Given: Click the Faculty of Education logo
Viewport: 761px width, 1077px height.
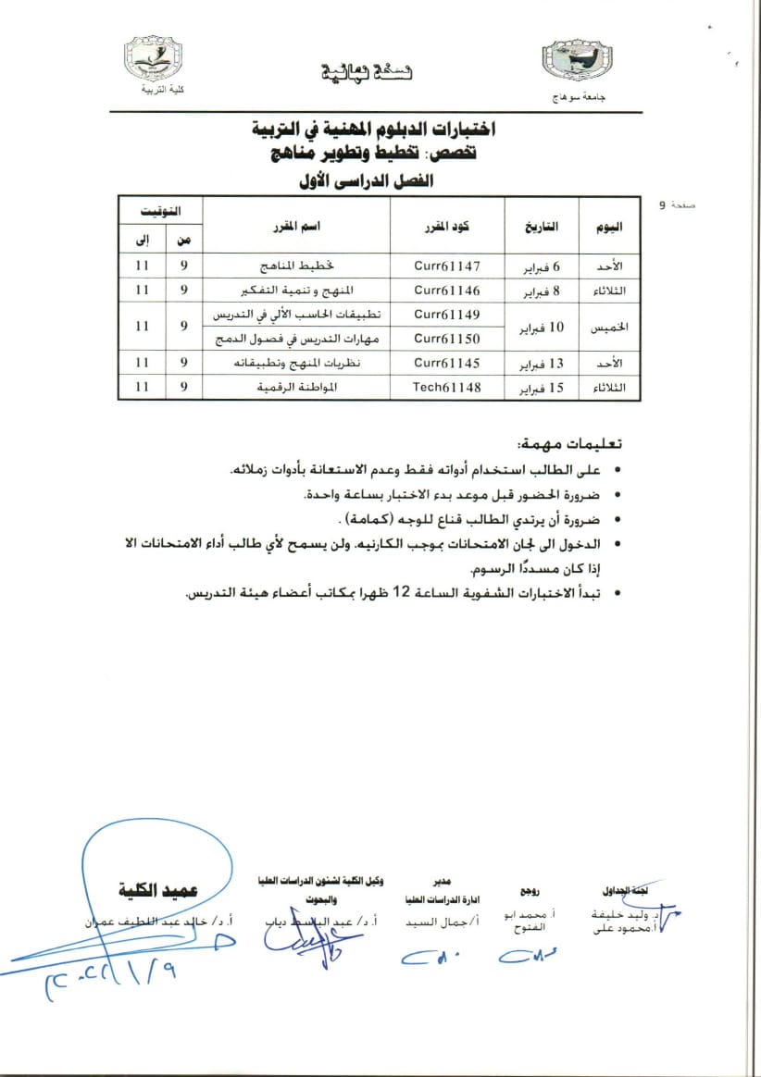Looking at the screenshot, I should pos(153,60).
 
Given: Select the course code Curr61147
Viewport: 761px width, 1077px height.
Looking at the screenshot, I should pos(447,266).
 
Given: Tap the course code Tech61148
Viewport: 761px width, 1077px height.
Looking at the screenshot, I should pos(447,388).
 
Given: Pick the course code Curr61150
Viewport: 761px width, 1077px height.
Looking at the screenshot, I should pos(447,340).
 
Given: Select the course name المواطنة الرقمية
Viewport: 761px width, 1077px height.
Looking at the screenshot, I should pos(295,388).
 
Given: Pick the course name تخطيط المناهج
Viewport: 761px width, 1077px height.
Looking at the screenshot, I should pos(295,266).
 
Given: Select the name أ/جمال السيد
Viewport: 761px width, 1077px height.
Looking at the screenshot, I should pos(434,922).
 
